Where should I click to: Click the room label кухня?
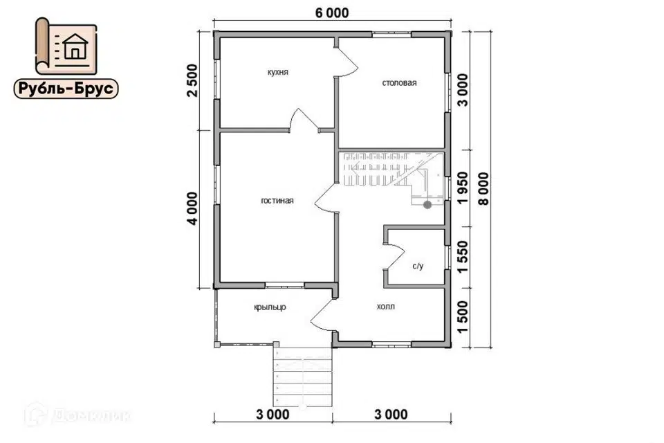click(x=278, y=72)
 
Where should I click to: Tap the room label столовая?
click(x=399, y=82)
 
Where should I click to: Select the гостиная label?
click(x=277, y=201)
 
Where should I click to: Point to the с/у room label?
click(x=418, y=266)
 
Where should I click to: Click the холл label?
click(x=385, y=306)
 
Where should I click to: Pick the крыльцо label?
click(x=270, y=307)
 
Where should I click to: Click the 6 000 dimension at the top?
click(x=332, y=12)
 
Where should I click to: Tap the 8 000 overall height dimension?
click(x=483, y=189)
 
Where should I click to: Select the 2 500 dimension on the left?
click(x=192, y=80)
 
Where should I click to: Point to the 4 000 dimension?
click(x=192, y=208)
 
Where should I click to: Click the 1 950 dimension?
click(x=463, y=188)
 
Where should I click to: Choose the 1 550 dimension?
click(x=463, y=257)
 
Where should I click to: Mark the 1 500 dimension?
click(x=463, y=317)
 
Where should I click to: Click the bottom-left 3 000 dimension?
click(x=273, y=414)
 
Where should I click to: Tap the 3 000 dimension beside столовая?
click(x=463, y=90)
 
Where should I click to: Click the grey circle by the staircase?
click(x=427, y=205)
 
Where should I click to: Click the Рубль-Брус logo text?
click(x=66, y=89)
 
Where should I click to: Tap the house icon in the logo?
click(x=75, y=46)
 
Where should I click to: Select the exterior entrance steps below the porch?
click(x=302, y=377)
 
